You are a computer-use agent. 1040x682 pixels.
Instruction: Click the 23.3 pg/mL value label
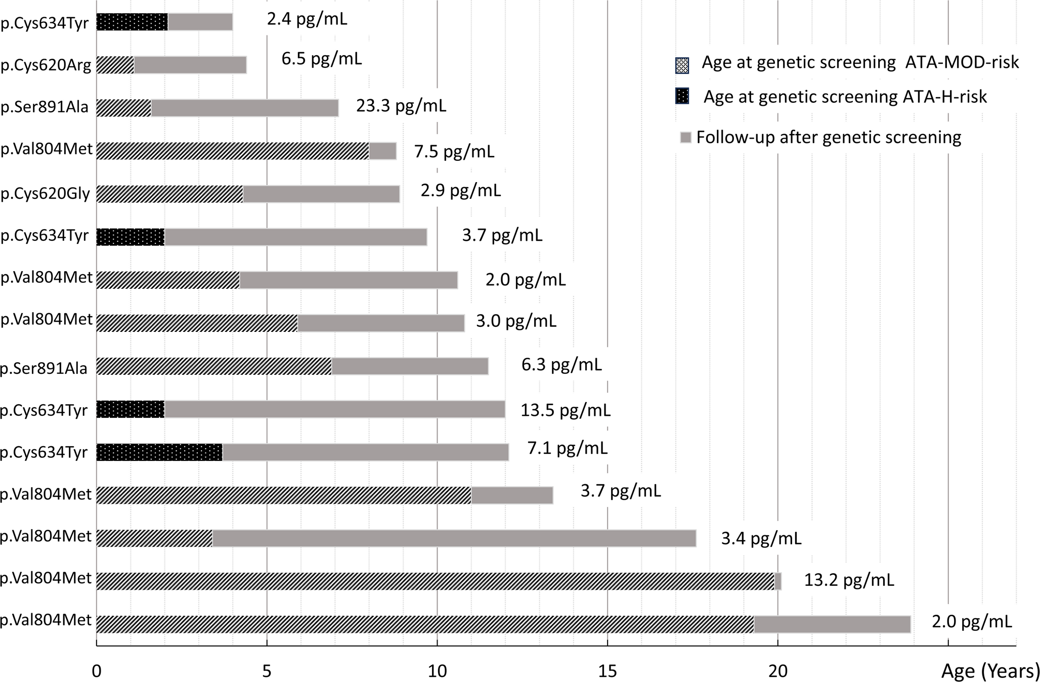401,106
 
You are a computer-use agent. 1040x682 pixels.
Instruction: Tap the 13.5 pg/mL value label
566,410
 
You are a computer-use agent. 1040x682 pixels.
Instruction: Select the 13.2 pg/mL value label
849,580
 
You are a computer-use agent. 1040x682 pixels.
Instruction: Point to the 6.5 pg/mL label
322,59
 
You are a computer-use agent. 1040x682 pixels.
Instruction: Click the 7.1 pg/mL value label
568,448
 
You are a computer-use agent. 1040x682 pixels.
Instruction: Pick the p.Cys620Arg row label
46,66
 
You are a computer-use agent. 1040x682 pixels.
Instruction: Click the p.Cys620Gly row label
46,194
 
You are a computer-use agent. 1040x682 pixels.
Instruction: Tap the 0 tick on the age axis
97,671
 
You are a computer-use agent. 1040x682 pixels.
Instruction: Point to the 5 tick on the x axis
267,671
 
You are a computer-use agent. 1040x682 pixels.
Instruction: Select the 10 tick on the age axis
437,671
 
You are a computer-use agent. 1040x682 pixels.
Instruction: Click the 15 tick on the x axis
608,671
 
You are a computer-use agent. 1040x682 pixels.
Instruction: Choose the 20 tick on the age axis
777,671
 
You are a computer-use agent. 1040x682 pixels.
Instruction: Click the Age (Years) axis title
990,671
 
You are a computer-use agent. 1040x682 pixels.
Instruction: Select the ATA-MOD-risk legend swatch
682,65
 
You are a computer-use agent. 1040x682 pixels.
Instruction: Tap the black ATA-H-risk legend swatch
682,96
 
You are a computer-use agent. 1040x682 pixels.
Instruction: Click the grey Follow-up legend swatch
685,138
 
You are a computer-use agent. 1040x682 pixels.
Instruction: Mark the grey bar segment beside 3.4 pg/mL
454,538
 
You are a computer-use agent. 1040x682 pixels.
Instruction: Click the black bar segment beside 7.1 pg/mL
159,452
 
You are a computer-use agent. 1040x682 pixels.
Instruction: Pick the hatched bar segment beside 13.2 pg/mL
435,581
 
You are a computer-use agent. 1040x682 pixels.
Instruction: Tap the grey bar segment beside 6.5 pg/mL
190,65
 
